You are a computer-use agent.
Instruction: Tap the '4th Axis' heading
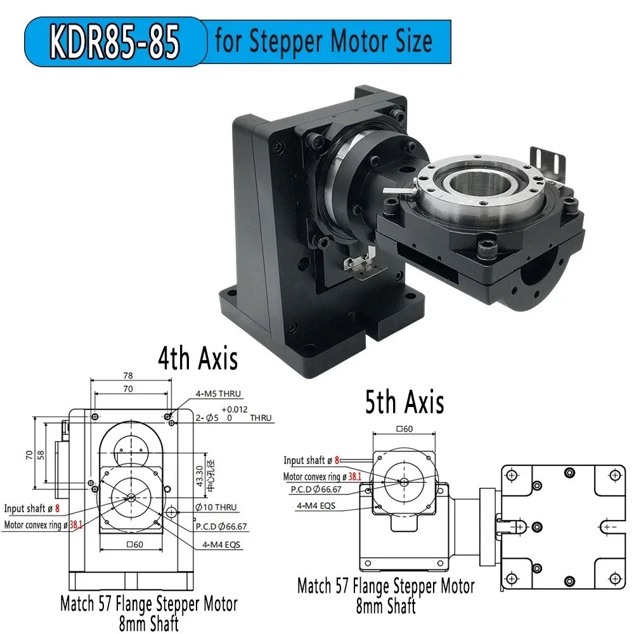click(x=197, y=358)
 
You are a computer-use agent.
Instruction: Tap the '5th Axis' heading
click(x=404, y=401)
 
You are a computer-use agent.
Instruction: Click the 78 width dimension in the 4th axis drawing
click(x=129, y=375)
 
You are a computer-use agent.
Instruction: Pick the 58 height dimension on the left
click(x=41, y=455)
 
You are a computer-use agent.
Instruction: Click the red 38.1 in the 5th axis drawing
click(x=355, y=476)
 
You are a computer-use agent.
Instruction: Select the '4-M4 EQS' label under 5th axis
click(x=316, y=506)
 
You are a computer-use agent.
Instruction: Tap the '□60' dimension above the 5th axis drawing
click(x=403, y=429)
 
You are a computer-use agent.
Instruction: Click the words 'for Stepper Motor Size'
click(x=323, y=41)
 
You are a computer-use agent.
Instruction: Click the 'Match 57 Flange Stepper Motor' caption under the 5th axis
click(x=385, y=586)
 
